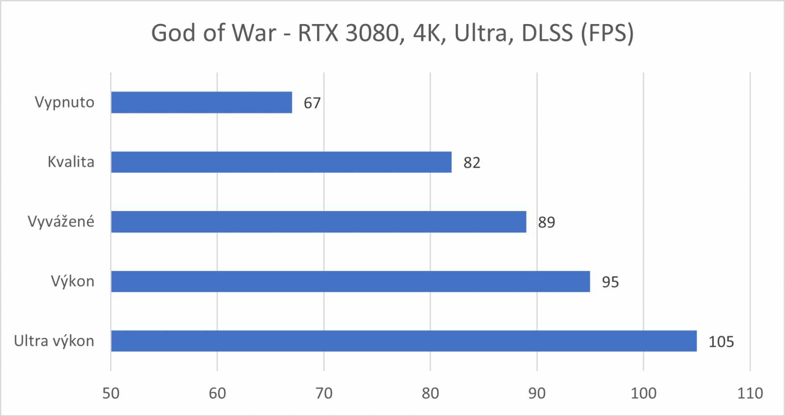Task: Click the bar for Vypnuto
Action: [x=201, y=102]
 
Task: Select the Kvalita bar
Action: [x=281, y=162]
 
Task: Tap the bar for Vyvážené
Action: [x=318, y=222]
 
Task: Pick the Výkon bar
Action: [x=350, y=282]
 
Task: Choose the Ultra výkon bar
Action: [x=404, y=341]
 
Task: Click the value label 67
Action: [x=312, y=103]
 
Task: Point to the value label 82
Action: [x=472, y=163]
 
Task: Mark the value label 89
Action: [x=547, y=223]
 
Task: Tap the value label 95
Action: [x=610, y=283]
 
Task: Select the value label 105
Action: [x=721, y=342]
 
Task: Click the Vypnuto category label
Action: [x=64, y=103]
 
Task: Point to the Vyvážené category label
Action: [x=61, y=222]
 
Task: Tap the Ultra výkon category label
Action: [x=54, y=341]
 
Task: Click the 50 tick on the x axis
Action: [x=111, y=393]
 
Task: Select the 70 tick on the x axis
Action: [x=324, y=393]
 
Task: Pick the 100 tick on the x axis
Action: [x=643, y=393]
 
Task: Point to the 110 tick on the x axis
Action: [x=750, y=393]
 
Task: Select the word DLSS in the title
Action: [x=547, y=33]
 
